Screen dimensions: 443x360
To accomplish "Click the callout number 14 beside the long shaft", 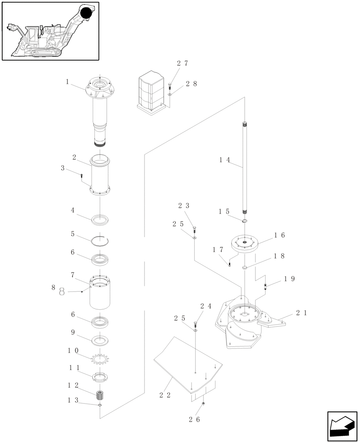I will coord(224,160).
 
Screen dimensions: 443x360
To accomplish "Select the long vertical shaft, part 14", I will coord(244,168).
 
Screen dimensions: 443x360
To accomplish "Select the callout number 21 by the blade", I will coord(301,313).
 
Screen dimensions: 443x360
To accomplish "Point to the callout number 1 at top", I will coord(67,82).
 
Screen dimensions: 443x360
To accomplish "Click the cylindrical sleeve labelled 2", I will coord(101,175).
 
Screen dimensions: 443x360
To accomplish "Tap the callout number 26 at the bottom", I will coord(195,419).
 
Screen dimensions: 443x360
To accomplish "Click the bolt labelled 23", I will coord(194,229).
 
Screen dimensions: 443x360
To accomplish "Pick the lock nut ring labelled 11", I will coord(101,377).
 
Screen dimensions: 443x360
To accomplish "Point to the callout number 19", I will coord(289,279).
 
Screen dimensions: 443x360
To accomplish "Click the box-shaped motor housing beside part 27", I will coord(152,92).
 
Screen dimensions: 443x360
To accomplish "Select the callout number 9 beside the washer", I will coord(72,332).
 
